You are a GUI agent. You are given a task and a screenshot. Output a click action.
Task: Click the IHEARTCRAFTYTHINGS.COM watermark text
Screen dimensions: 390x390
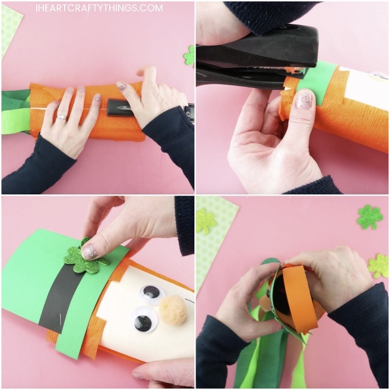99,8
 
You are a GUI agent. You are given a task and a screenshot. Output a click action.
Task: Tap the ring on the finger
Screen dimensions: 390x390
61,117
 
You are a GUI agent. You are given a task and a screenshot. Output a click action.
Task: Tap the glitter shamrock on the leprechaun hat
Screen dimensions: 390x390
84,257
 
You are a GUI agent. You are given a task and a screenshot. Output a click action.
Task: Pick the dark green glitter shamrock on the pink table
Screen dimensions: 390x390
369,217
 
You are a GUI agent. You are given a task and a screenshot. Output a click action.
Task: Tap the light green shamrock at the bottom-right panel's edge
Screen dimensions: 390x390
379,266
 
